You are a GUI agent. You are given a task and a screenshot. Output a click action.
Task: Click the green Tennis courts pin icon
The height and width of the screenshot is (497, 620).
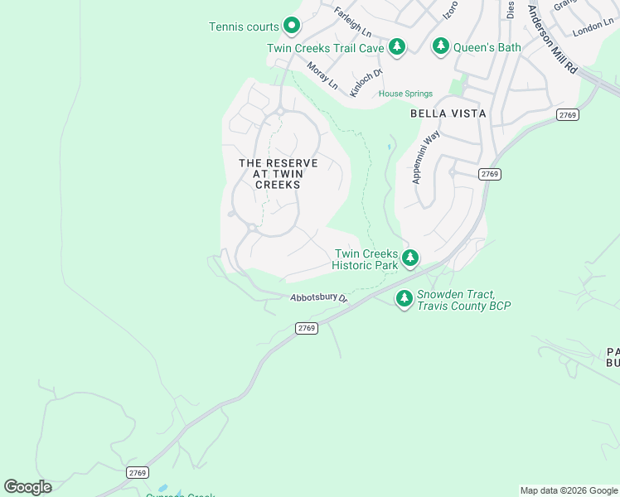292,27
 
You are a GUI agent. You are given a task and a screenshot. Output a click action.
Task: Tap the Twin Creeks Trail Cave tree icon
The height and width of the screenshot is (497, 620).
397,46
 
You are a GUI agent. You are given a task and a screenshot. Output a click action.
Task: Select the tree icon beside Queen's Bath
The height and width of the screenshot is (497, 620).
441,46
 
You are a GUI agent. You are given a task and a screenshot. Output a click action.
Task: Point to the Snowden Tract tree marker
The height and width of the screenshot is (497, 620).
404,298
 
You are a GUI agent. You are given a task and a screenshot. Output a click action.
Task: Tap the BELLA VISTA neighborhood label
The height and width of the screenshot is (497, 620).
448,113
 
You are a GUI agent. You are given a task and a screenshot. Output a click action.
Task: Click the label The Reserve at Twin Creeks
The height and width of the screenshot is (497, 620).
278,174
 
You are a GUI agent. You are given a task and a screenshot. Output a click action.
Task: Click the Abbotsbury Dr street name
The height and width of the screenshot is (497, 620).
317,298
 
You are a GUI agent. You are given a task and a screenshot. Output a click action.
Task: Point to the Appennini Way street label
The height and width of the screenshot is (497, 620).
429,157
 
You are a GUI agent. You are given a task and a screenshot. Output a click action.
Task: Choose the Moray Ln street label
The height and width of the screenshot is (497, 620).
322,75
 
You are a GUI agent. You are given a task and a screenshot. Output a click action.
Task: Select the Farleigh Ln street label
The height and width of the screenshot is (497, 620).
352,22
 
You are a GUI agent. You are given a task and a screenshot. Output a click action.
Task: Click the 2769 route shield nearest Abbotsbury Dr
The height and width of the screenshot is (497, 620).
307,329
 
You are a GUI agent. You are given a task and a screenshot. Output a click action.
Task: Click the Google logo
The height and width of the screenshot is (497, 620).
27,487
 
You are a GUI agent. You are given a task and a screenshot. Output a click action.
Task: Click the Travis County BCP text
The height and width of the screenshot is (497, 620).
463,306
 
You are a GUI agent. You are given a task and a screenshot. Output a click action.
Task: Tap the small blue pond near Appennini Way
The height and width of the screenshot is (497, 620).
389,148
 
